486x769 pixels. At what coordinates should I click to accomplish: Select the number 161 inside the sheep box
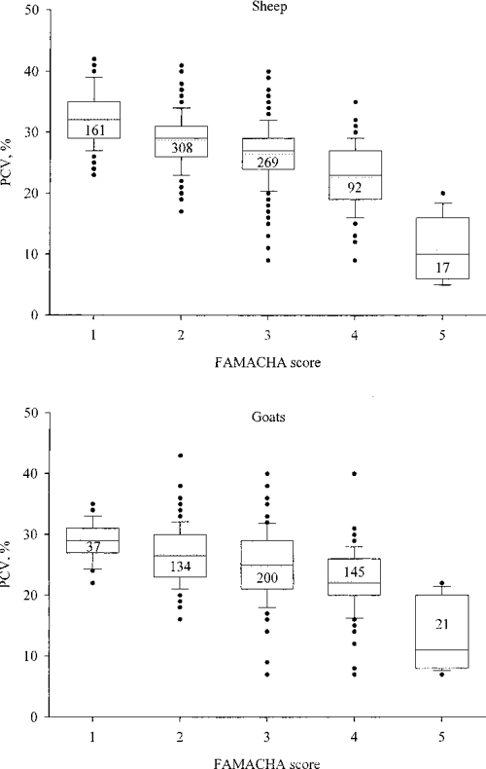coord(95,130)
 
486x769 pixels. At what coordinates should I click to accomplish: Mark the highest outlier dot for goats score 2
coord(177,456)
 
